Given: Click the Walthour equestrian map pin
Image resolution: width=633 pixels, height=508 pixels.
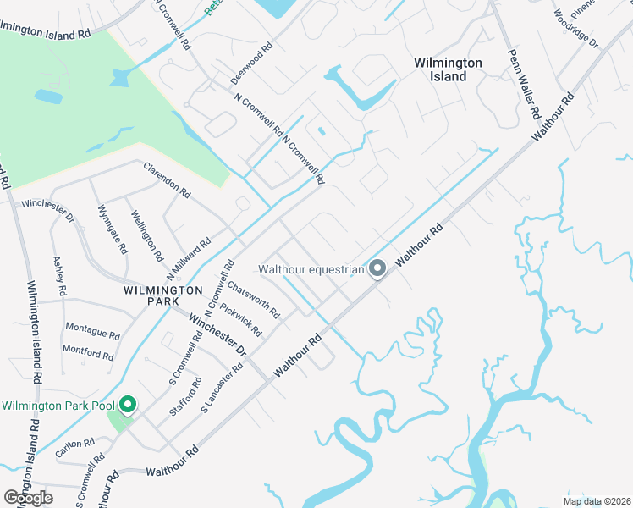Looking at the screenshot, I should pos(378,269).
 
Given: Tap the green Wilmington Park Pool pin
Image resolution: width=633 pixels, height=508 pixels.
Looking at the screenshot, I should pos(128,406).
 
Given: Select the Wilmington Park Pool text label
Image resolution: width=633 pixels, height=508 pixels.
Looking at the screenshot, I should pos(57,406).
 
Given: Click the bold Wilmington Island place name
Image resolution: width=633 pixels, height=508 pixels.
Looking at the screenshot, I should pos(448,69).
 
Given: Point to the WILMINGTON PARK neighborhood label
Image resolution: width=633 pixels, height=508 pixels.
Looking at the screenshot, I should pos(162,290).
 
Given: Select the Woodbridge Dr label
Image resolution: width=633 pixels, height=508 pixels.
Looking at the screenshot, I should pos(576,29).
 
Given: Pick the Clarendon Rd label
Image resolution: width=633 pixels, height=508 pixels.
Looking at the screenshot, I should pos(167,179).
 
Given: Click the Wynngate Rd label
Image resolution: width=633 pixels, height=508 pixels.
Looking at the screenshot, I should pos(113,229).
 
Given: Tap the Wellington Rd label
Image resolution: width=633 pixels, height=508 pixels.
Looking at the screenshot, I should pos(147,236).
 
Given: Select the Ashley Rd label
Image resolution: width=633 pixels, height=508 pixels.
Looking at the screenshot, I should pos(59,276).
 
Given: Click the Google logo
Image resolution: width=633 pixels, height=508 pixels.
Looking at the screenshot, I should pos(29,498).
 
